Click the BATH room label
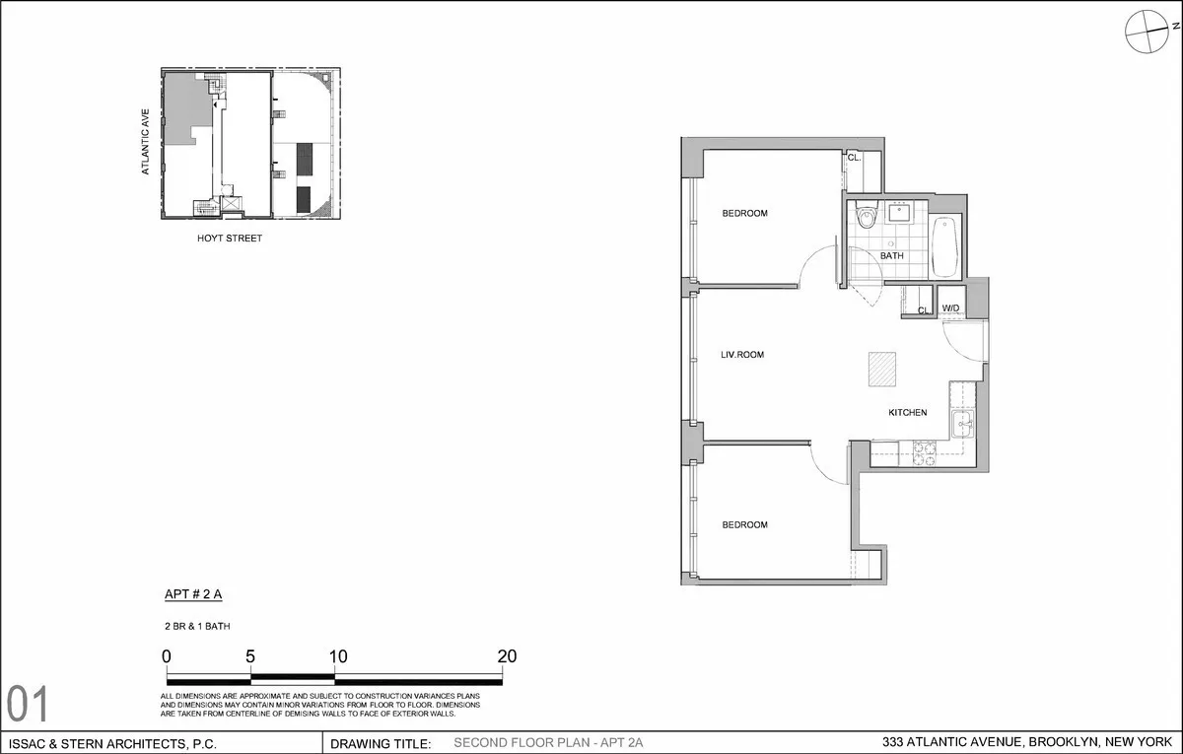pyautogui.click(x=891, y=256)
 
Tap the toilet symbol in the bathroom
pyautogui.click(x=867, y=215)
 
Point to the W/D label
pyautogui.click(x=950, y=308)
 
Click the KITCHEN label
pyautogui.click(x=907, y=413)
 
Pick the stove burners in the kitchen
pyautogui.click(x=924, y=452)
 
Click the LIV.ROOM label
pyautogui.click(x=742, y=355)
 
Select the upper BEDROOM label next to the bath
pyautogui.click(x=744, y=214)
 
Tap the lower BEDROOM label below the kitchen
pyautogui.click(x=744, y=525)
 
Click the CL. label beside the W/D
pyautogui.click(x=924, y=310)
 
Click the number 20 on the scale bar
pyautogui.click(x=507, y=656)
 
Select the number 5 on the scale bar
pyautogui.click(x=250, y=656)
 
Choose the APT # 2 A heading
pyautogui.click(x=193, y=595)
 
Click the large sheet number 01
pyautogui.click(x=28, y=706)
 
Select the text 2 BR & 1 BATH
pyautogui.click(x=197, y=626)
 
